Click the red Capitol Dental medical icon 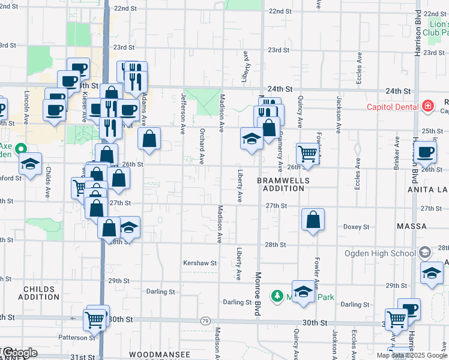[x=427, y=107]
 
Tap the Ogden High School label [x=376, y=253]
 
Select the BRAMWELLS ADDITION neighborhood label [x=283, y=184]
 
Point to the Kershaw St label [x=200, y=263]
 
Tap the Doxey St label [x=355, y=227]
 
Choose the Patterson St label [x=74, y=338]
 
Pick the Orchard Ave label [x=202, y=146]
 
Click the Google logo [x=19, y=353]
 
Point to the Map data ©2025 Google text [x=411, y=355]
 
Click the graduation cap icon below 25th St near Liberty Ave [x=252, y=139]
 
